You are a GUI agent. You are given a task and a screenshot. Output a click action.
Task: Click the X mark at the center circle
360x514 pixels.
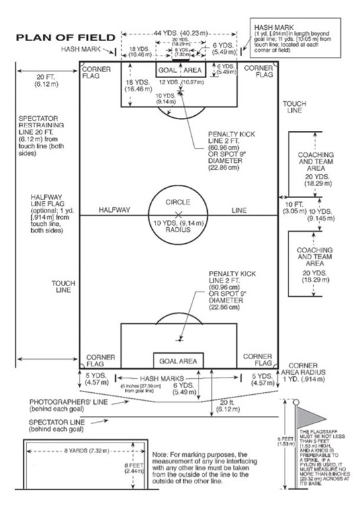point(177,213)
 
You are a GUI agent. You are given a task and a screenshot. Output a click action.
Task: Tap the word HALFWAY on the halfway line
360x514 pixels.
point(115,210)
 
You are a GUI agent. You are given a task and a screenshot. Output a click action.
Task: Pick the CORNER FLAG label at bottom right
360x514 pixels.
point(257,360)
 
